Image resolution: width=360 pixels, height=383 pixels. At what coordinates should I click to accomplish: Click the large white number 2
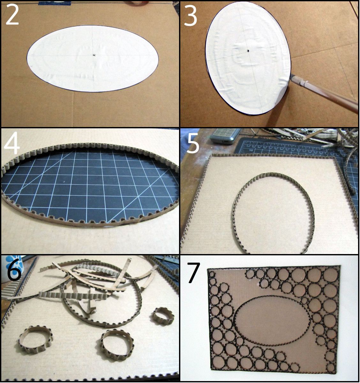point(12,15)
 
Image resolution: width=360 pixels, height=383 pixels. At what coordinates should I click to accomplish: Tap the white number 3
point(190,16)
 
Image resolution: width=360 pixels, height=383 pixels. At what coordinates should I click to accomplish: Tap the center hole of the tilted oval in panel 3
point(248,50)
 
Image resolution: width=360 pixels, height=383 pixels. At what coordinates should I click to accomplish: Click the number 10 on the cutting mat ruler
point(251,150)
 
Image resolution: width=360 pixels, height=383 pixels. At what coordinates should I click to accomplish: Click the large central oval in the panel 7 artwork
point(272,320)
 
